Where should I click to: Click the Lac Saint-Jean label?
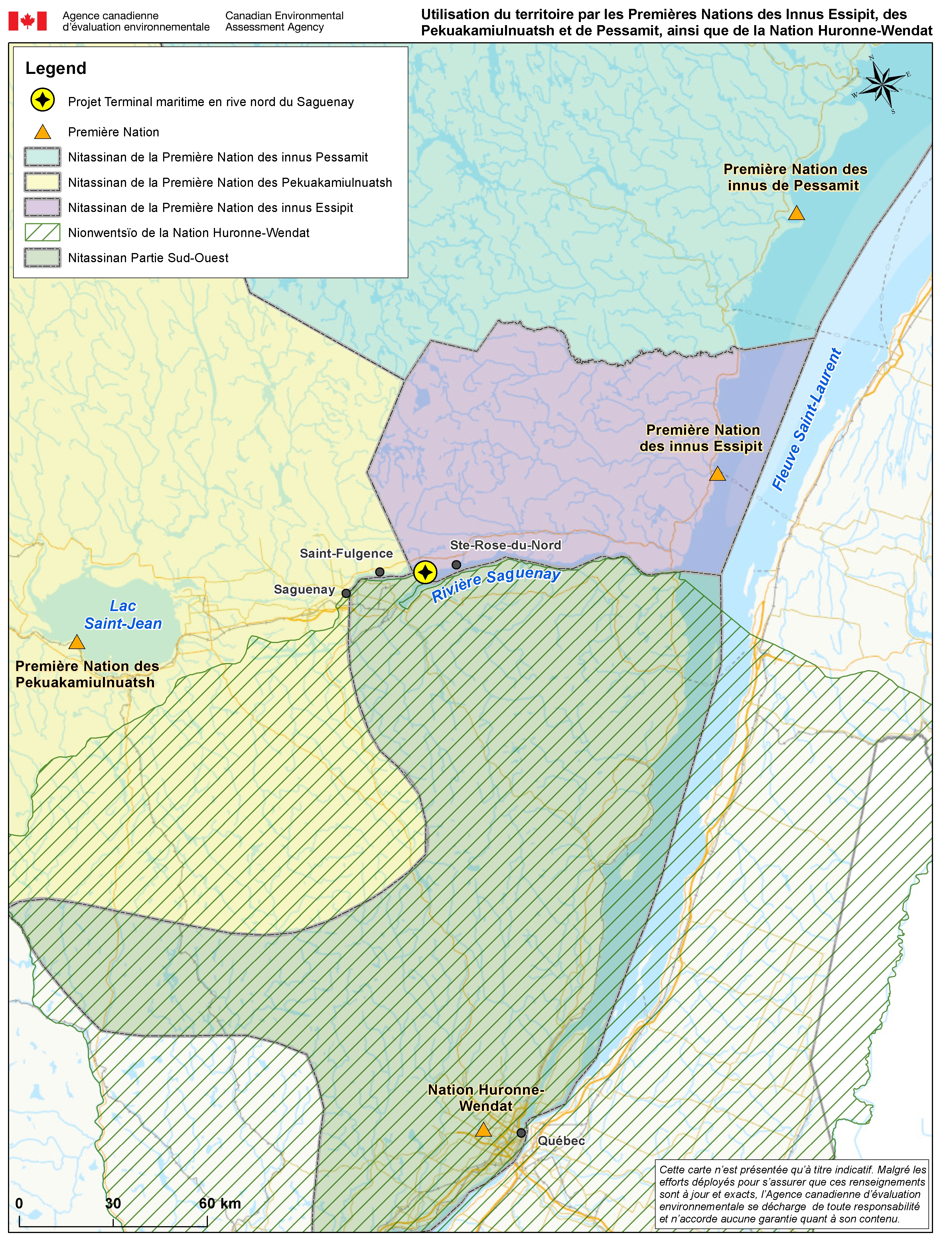click(x=123, y=615)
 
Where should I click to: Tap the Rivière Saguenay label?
click(x=496, y=583)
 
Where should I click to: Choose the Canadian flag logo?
click(x=27, y=21)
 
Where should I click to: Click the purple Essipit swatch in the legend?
click(x=42, y=207)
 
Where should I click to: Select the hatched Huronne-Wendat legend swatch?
click(x=42, y=232)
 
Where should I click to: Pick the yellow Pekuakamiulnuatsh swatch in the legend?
click(x=42, y=182)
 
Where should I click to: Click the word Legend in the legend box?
click(x=56, y=68)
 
